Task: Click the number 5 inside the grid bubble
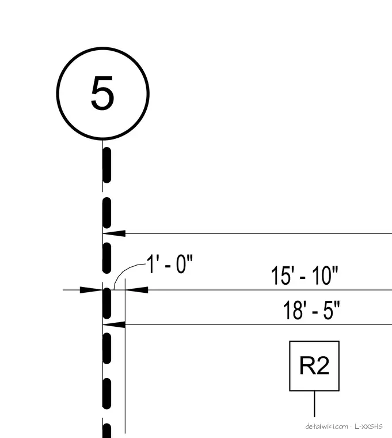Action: click(102, 93)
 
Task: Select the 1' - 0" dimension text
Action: click(170, 264)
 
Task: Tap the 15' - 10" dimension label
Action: click(305, 275)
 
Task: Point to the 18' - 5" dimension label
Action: click(311, 310)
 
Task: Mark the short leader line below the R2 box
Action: click(314, 404)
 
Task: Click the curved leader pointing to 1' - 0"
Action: click(125, 269)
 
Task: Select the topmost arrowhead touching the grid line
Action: click(114, 233)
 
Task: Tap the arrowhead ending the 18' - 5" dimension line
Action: click(114, 324)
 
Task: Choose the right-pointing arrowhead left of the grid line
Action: click(91, 290)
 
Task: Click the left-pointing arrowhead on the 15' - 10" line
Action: click(137, 290)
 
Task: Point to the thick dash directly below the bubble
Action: click(107, 165)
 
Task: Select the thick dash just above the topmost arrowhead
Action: click(107, 213)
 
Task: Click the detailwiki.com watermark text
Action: click(327, 426)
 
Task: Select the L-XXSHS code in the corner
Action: click(368, 426)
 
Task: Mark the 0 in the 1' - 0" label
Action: click(181, 264)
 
